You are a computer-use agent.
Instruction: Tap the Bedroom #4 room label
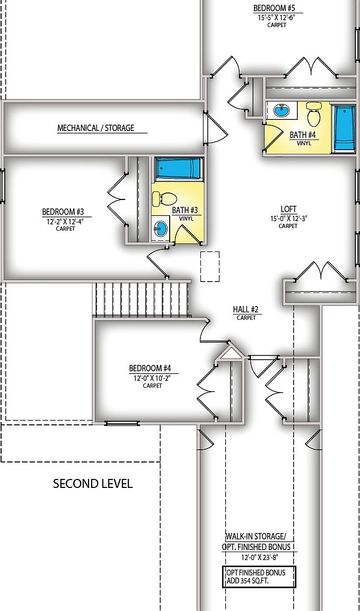pos(150,368)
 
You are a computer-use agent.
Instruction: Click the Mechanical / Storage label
pos(95,128)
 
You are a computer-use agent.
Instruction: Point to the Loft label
pos(288,209)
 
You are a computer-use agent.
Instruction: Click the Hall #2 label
pos(246,309)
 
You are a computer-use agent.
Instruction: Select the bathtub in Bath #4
pos(344,128)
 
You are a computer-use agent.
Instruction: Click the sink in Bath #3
pos(161,229)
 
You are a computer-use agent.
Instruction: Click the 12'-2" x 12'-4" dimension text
pos(66,222)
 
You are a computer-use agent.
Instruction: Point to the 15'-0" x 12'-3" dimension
pos(288,218)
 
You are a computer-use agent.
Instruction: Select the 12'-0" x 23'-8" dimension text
pos(259,557)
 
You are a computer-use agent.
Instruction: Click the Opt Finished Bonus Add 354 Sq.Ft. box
pos(259,577)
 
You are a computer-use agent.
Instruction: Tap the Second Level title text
pos(93,484)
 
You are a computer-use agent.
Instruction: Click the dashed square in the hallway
pos(209,266)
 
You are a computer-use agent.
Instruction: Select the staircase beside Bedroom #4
pos(142,299)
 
